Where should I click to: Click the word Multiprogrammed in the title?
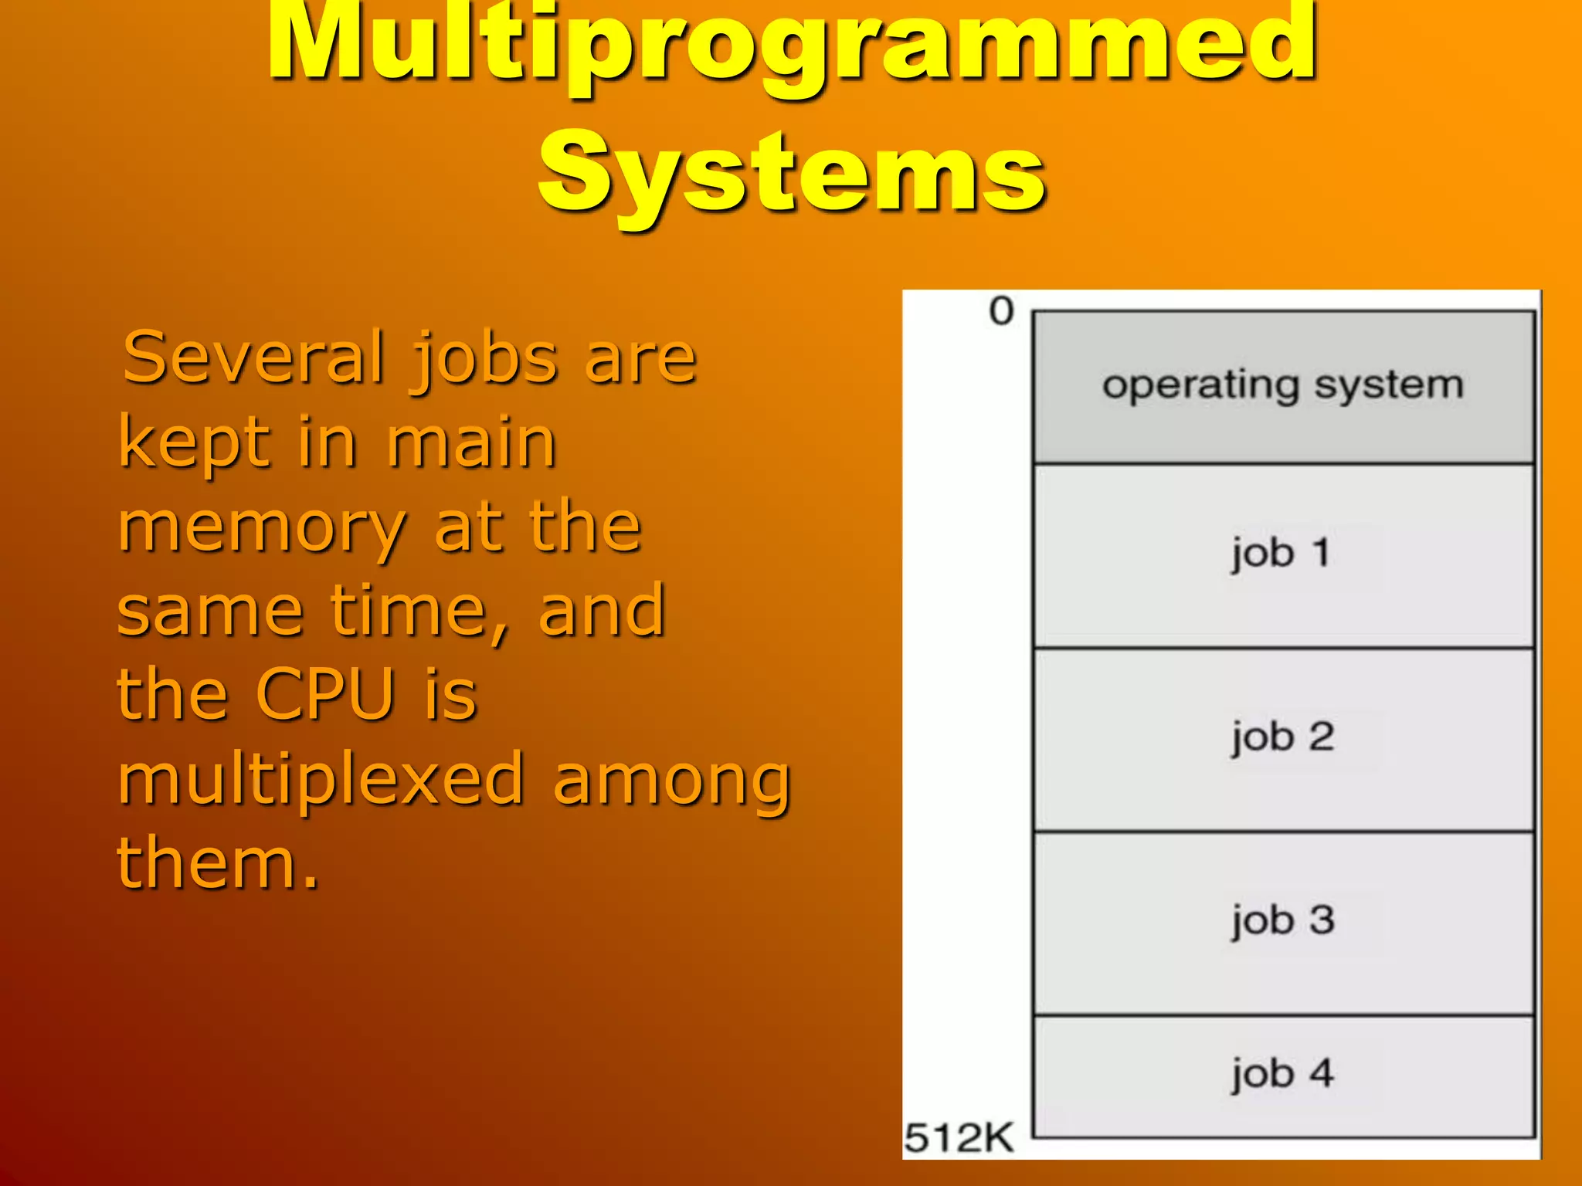pyautogui.click(x=791, y=46)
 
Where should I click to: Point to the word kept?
pyautogui.click(x=193, y=443)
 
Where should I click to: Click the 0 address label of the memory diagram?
pyautogui.click(x=1001, y=312)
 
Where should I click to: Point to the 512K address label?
pyautogui.click(x=959, y=1137)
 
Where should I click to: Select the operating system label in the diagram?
pyautogui.click(x=1283, y=385)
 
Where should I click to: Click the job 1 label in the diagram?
pyautogui.click(x=1280, y=554)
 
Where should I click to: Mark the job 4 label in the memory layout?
pyautogui.click(x=1282, y=1074)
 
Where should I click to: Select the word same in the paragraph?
pyautogui.click(x=210, y=612)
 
